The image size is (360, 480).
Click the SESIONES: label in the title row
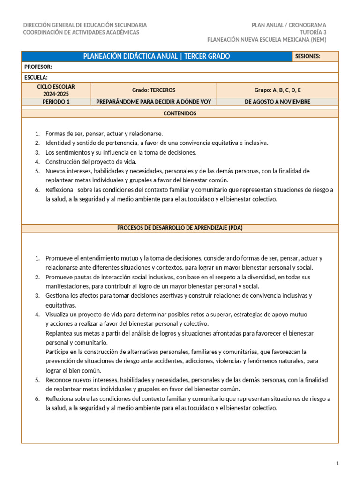[x=308, y=56]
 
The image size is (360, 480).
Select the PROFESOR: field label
[x=38, y=67]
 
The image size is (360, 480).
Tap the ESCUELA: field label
[x=36, y=77]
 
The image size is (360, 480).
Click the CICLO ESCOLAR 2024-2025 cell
[x=56, y=90]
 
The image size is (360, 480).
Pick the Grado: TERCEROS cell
[x=153, y=90]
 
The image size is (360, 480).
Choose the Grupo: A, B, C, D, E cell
[x=277, y=90]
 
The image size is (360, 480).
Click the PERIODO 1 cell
[x=56, y=102]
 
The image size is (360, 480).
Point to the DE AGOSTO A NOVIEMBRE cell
[x=277, y=102]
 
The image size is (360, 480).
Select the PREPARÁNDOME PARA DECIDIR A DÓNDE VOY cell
[x=153, y=102]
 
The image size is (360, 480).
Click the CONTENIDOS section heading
[x=180, y=113]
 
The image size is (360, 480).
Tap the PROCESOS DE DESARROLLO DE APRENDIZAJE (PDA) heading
[x=180, y=228]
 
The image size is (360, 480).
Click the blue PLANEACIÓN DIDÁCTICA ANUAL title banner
[x=157, y=56]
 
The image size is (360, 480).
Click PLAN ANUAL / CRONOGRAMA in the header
[x=289, y=25]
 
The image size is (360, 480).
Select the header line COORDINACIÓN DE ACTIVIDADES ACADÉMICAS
[x=81, y=32]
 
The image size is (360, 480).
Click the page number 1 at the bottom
[x=337, y=464]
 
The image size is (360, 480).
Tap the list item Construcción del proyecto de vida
[x=91, y=162]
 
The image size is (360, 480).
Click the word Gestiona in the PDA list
[x=57, y=296]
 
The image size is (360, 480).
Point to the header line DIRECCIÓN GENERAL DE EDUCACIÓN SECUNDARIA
[x=85, y=25]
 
